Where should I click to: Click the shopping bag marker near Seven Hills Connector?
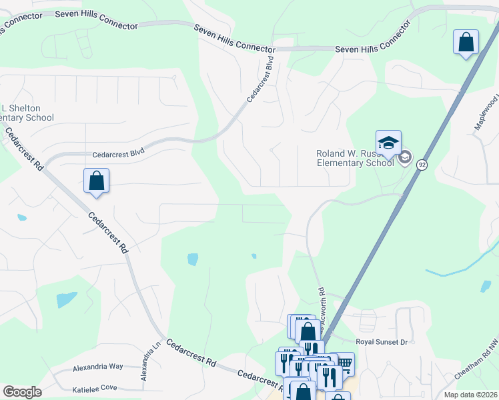pos(466,43)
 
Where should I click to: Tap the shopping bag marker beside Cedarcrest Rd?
pos(96,181)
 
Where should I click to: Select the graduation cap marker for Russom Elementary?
pos(388,142)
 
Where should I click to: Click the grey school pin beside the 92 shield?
pos(404,158)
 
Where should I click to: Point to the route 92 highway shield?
pos(422,164)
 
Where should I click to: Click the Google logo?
pos(22,392)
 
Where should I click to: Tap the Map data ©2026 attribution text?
pos(470,395)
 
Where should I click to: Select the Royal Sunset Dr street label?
pos(381,342)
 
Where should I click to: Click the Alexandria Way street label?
pos(98,367)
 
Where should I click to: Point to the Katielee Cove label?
pos(94,388)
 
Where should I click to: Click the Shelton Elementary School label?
pos(27,113)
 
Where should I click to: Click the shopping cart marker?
pos(344,363)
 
